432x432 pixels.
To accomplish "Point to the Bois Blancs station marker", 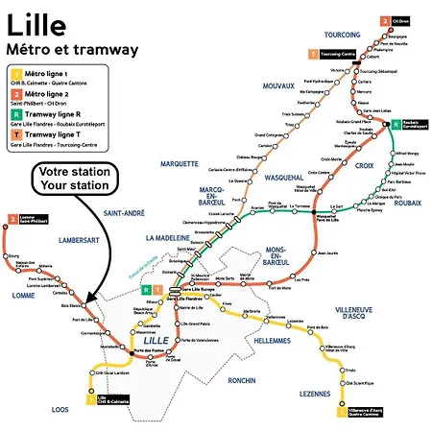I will click(x=84, y=306).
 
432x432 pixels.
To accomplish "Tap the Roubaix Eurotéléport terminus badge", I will click(x=394, y=125).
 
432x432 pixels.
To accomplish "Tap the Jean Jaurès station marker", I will click(x=322, y=253).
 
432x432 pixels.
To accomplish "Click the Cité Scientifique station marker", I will click(x=345, y=383).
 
